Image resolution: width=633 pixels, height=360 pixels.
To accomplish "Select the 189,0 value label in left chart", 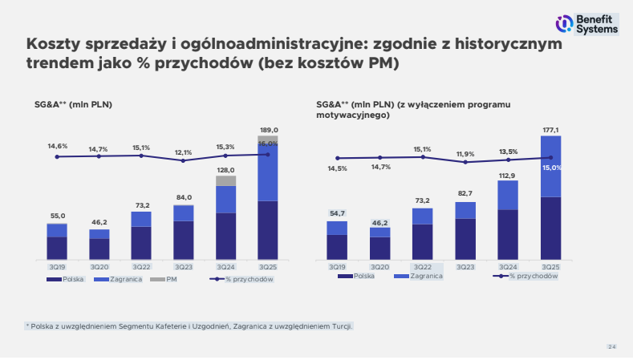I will coord(269,130).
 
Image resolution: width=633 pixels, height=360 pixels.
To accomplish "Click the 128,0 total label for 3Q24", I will coord(226,170).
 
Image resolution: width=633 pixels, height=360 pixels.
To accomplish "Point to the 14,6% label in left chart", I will coord(57,146).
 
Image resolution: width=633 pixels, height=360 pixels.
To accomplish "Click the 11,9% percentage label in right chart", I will coord(465,154).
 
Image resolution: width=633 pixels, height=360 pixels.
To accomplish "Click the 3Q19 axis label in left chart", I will coord(57,266).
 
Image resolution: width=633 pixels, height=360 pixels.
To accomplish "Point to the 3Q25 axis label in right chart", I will coord(551,266).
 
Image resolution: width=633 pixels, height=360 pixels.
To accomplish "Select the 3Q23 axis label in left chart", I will coord(184,266).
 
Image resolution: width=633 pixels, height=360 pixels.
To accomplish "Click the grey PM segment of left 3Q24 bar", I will coord(226,180).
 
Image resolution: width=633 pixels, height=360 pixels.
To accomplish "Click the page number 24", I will coord(611,346).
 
